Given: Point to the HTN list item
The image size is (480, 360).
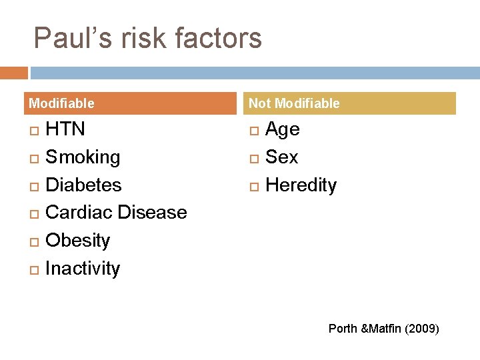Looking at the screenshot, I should point(65,129).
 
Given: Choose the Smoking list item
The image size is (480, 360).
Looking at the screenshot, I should point(83,157).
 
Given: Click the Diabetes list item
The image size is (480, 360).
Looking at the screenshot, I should point(83,185).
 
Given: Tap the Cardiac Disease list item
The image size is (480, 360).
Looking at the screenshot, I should point(116,213).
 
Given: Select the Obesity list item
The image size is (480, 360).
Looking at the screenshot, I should point(77,240).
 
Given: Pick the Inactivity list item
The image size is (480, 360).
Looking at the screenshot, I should point(83,269).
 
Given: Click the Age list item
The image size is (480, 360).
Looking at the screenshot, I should point(283,129).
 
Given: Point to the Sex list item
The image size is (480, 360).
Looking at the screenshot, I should point(281,157).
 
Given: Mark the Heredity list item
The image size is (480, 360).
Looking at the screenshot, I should point(301,185).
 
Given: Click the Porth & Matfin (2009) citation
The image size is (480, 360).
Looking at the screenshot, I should point(383,329).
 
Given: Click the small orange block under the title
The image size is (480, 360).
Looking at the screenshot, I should point(13,73).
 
